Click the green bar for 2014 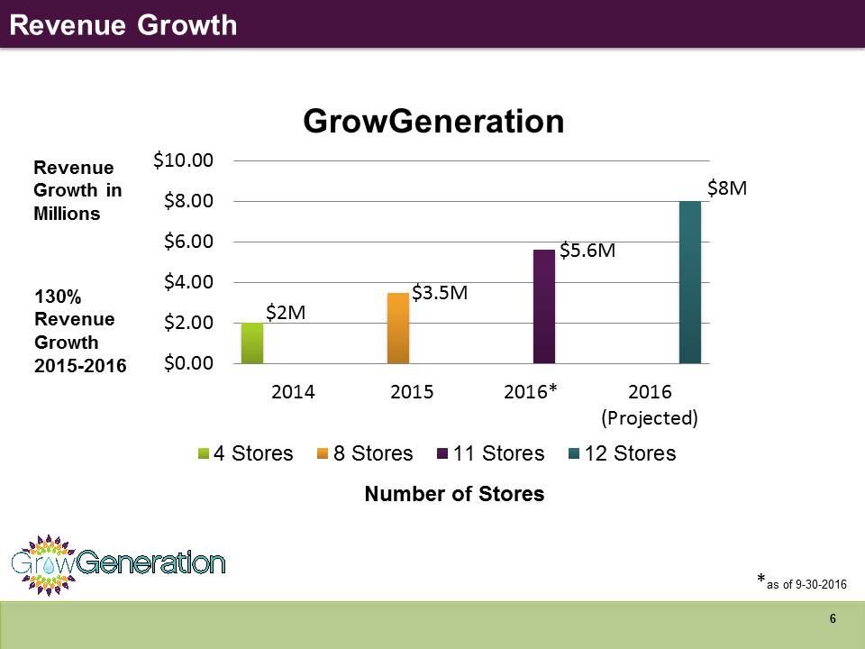(x=252, y=343)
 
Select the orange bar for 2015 (x=398, y=328)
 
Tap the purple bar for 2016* (x=544, y=306)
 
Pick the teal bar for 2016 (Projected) (x=690, y=282)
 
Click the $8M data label (x=727, y=188)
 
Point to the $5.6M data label (x=587, y=251)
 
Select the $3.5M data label (x=440, y=292)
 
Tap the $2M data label (x=286, y=313)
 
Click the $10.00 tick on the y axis (x=183, y=160)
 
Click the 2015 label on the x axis (x=412, y=392)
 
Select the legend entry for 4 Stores (x=246, y=453)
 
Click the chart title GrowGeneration (x=433, y=121)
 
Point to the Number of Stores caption (x=454, y=494)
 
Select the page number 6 (x=833, y=619)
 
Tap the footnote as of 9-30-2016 (x=802, y=584)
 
